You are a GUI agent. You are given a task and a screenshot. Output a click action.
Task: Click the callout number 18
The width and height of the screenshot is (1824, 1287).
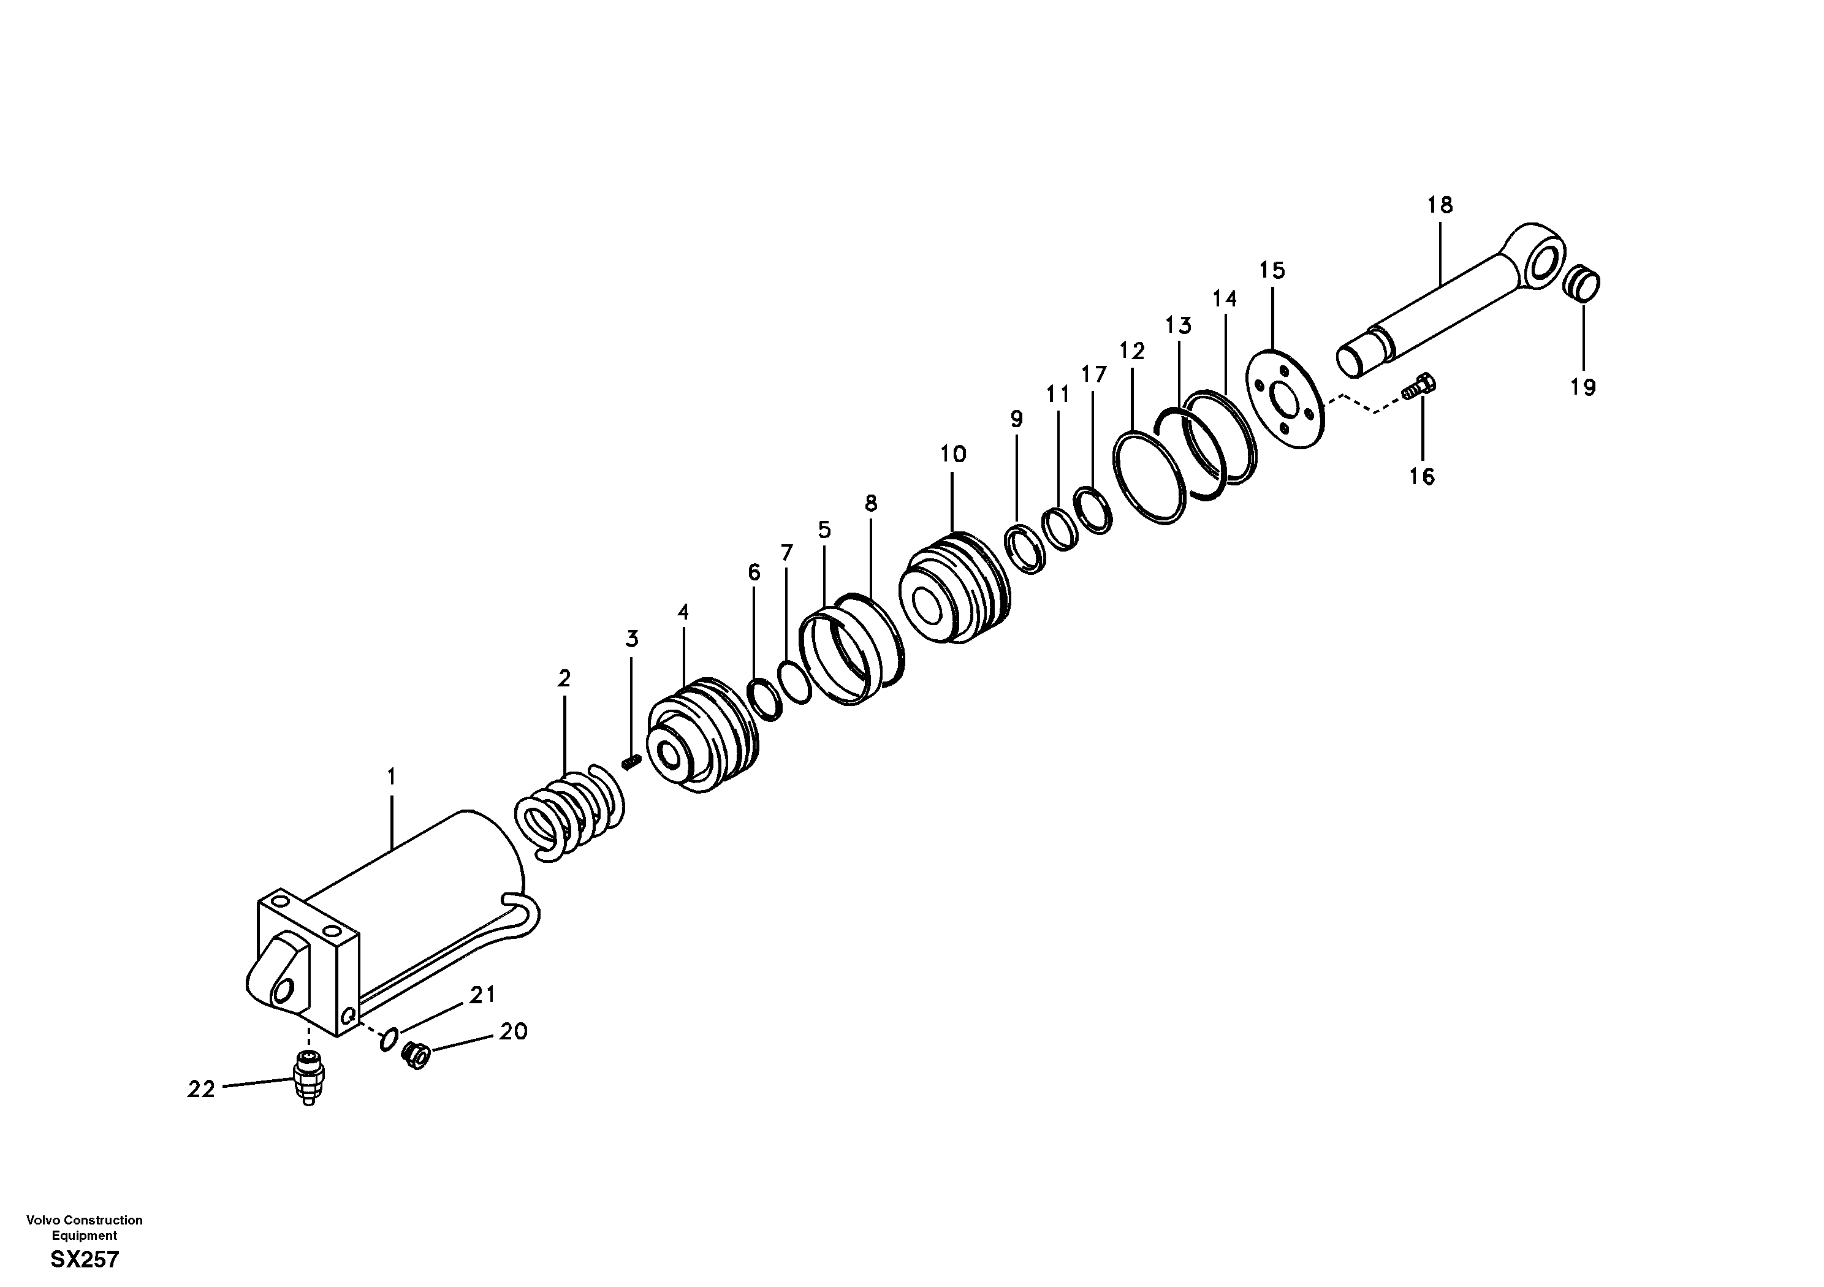pos(1440,205)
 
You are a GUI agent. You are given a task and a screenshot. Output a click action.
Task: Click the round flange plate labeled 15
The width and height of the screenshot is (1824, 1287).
pos(1285,400)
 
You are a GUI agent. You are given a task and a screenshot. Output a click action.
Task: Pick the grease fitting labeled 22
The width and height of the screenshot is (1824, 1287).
pos(309,1076)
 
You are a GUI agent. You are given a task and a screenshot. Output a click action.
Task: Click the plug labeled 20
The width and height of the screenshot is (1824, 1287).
pos(416,1055)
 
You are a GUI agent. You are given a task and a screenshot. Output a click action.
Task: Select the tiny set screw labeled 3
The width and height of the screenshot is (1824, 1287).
pos(631,762)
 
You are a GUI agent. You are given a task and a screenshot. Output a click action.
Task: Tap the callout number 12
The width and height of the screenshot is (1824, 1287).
pos(1132,351)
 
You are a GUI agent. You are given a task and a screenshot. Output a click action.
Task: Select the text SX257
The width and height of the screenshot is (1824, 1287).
pos(85,1260)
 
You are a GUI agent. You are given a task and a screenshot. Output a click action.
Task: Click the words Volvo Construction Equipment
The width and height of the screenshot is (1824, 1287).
pos(84,1228)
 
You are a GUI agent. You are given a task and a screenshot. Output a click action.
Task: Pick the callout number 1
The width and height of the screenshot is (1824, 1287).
pos(391,775)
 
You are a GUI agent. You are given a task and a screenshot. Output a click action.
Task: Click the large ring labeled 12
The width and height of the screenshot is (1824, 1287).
pos(1150,477)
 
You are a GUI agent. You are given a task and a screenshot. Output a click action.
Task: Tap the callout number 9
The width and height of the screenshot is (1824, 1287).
pos(1017,419)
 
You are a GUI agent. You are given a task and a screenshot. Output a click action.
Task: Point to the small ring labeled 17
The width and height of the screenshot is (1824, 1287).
pos(1093,510)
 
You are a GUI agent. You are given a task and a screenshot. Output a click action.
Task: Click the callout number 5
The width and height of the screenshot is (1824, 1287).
pos(824,530)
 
